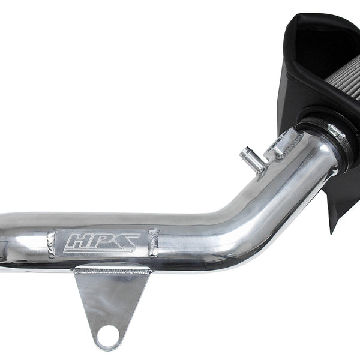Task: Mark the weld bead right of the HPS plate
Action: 154,242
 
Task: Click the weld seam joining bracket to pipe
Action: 113,271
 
